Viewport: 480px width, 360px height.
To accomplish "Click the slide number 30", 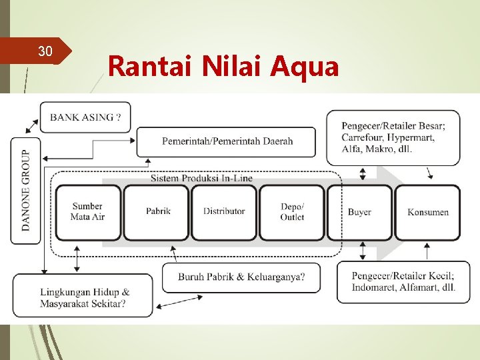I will [45, 51].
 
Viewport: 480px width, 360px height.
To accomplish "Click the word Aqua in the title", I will [306, 67].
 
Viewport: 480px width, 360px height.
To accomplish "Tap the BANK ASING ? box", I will [85, 117].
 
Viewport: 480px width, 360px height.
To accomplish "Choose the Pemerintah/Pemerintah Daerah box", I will [227, 141].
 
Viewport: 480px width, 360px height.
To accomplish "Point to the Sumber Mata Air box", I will [87, 212].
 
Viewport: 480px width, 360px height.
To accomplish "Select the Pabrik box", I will [158, 211].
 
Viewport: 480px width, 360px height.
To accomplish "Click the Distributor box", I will [225, 211].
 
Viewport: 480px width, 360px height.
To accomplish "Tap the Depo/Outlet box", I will [292, 212].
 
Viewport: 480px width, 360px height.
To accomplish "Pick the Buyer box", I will [359, 212].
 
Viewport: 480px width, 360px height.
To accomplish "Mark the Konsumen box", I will [428, 212].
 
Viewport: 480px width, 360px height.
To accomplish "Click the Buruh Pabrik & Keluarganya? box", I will [241, 277].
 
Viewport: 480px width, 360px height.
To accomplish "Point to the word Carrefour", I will [363, 137].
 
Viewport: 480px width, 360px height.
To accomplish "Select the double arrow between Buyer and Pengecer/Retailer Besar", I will [363, 174].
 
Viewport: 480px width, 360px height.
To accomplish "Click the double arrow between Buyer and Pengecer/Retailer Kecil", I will [363, 251].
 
